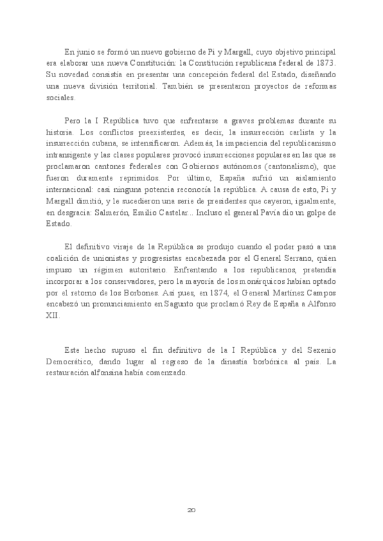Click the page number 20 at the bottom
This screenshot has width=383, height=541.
pyautogui.click(x=191, y=510)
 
